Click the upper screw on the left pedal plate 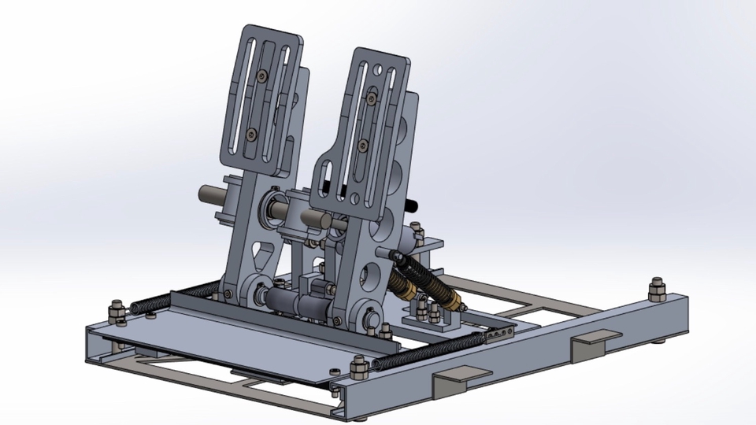[261, 76]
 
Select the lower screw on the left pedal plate [251, 135]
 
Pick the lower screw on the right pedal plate [362, 145]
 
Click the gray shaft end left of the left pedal [207, 192]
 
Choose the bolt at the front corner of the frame [356, 368]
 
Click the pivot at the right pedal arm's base [368, 317]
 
